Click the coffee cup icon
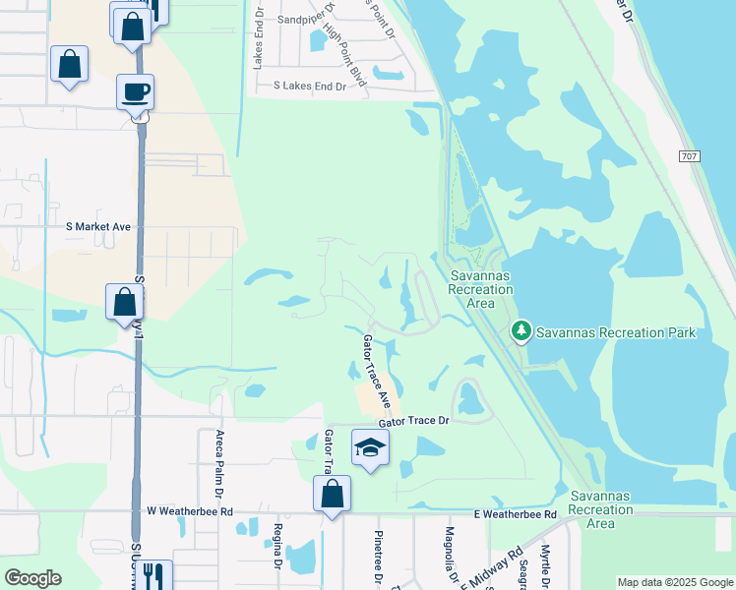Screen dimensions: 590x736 135,92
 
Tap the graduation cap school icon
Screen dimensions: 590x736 370,447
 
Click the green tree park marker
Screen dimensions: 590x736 521,332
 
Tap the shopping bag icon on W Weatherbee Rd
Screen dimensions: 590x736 333,495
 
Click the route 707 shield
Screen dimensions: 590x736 690,157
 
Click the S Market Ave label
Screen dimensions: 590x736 98,226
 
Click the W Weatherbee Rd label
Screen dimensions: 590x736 190,511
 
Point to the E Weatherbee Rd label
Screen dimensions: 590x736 516,514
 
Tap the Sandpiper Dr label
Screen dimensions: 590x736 306,19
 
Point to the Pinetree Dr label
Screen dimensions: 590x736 377,556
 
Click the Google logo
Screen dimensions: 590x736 32,578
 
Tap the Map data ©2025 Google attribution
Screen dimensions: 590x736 675,582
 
